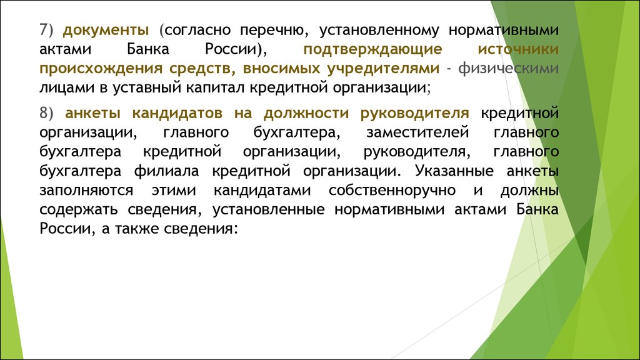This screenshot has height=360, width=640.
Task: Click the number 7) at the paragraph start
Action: (x=46, y=30)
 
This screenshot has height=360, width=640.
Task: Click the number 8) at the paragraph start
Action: (x=46, y=113)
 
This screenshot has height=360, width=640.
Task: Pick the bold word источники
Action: (x=518, y=49)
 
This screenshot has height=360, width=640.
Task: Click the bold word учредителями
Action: (x=383, y=69)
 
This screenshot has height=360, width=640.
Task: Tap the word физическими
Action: (x=509, y=69)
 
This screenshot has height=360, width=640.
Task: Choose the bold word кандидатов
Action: (x=177, y=114)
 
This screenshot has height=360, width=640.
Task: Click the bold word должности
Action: (x=306, y=114)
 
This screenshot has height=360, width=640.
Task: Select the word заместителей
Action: (x=417, y=133)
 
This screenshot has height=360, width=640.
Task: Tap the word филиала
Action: (x=166, y=171)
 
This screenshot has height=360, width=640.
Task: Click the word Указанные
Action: (x=454, y=171)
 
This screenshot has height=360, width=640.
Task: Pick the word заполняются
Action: (x=86, y=191)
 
